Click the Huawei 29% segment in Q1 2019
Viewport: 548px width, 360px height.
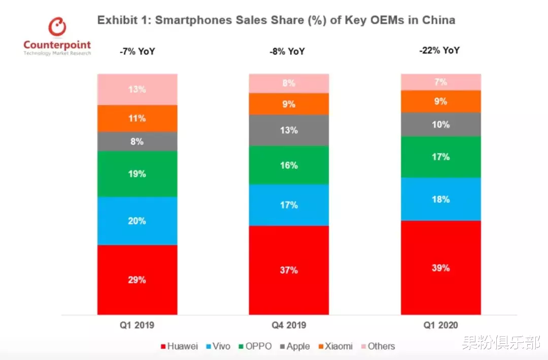click(137, 279)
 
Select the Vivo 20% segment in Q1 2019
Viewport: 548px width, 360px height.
click(137, 221)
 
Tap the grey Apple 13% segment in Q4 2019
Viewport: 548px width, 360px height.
click(289, 130)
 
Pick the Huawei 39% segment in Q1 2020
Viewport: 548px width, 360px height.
click(440, 267)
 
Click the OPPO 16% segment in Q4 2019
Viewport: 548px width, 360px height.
click(289, 165)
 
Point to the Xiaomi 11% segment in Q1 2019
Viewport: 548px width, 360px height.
click(137, 118)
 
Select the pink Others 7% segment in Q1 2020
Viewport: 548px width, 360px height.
click(440, 82)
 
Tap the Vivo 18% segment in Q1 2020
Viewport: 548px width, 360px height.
click(440, 199)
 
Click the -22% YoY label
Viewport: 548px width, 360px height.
click(440, 50)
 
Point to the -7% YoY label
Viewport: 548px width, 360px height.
click(137, 51)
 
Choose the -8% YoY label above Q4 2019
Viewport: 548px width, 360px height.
click(288, 51)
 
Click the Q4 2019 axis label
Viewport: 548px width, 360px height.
click(289, 325)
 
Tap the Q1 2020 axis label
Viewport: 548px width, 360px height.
click(440, 325)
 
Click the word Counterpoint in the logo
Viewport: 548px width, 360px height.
click(57, 45)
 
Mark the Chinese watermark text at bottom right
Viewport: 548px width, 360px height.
click(500, 344)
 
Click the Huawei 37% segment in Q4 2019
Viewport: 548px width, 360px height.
click(289, 270)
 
